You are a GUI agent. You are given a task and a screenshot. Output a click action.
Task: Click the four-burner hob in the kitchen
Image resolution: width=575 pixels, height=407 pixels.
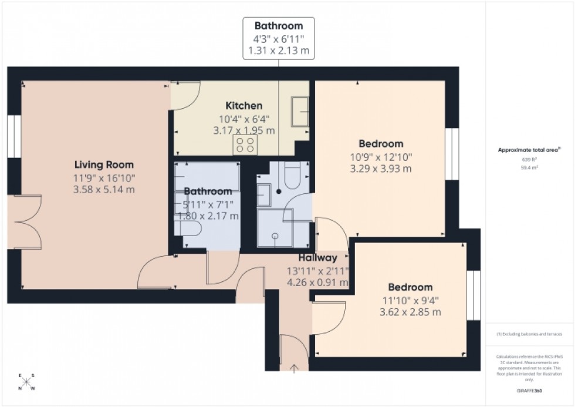[245, 145]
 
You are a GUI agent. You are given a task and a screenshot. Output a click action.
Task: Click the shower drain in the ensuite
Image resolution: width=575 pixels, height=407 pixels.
[275, 235]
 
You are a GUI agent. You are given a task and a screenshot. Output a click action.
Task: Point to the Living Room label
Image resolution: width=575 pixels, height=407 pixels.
[104, 164]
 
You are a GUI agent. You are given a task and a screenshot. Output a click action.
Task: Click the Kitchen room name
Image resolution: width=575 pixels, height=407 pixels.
[244, 106]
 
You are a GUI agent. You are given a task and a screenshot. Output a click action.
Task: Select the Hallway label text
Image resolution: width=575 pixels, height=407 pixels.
[317, 258]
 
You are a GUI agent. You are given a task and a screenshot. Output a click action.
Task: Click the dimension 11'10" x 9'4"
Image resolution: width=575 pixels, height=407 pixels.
[411, 300]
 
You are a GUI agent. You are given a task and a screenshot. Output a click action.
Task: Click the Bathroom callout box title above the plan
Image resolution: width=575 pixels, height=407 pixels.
[279, 26]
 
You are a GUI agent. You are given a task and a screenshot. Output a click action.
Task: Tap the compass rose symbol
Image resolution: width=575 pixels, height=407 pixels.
[26, 382]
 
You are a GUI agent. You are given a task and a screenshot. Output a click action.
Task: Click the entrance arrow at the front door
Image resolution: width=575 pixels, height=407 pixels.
[293, 368]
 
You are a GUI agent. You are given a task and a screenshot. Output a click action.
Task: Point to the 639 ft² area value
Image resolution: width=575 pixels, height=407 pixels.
[530, 159]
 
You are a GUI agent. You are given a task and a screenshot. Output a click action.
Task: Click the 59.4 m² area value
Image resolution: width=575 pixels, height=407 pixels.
[530, 167]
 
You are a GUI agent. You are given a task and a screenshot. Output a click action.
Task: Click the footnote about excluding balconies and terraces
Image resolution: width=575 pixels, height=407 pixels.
[530, 334]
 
